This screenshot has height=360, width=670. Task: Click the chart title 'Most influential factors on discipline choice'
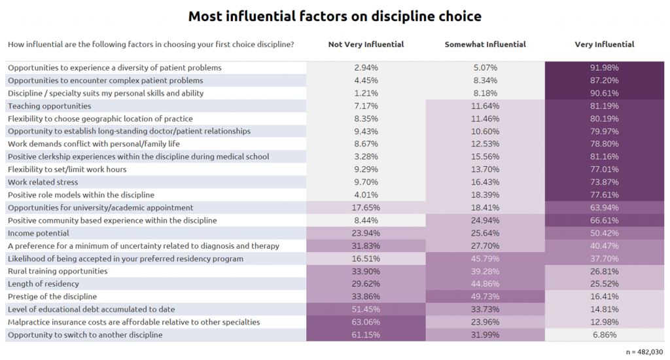[334, 16]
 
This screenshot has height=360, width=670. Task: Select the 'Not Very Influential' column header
[366, 45]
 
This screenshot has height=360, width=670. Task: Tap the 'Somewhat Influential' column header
[485, 45]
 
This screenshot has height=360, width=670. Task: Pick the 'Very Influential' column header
[604, 45]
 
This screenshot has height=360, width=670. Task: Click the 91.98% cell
[604, 67]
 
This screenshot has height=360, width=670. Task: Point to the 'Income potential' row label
[39, 233]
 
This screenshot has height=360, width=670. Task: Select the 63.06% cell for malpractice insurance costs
[366, 322]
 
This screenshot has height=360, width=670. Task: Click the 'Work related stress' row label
[43, 182]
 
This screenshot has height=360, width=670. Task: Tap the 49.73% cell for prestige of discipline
[485, 297]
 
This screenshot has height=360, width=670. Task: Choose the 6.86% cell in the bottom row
[604, 334]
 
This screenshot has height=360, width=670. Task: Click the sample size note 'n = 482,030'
[644, 352]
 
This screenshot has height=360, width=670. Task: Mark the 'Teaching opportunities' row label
[50, 106]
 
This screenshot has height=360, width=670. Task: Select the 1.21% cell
[366, 93]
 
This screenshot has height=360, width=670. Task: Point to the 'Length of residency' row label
[43, 284]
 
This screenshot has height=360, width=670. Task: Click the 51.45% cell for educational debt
[366, 309]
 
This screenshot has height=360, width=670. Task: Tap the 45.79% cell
[485, 259]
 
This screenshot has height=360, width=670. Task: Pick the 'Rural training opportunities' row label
[58, 271]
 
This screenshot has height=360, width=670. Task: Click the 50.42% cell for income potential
[604, 233]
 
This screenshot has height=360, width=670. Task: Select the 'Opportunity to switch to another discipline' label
[85, 334]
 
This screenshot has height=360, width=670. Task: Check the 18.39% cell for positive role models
[485, 195]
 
